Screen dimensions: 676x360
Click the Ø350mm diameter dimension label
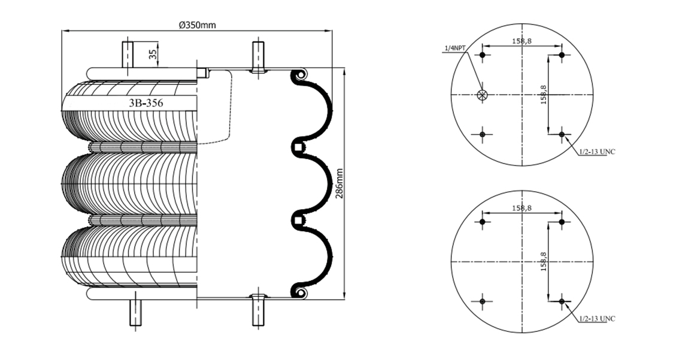coord(197,25)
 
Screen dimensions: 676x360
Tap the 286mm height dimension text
coord(339,183)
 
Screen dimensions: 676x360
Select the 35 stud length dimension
coord(151,55)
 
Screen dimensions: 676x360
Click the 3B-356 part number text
coord(146,103)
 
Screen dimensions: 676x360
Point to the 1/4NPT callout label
coord(455,48)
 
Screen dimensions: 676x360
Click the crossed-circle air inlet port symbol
coord(482,95)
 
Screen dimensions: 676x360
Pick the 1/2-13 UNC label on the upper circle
coord(597,152)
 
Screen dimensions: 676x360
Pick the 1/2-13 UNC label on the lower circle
coord(597,319)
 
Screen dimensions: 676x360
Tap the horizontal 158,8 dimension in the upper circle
coord(522,41)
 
